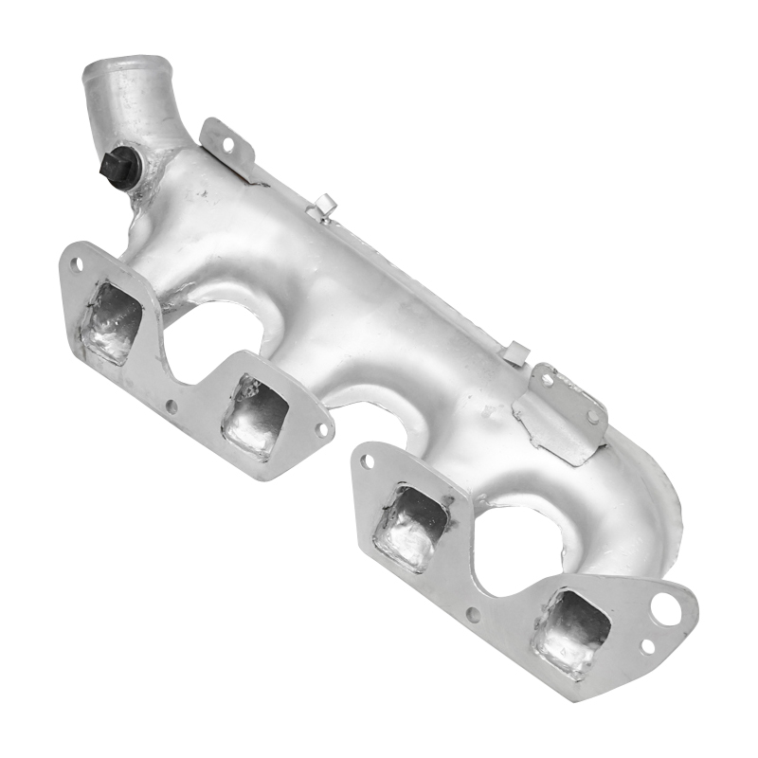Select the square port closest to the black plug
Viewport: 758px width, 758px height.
tap(111, 322)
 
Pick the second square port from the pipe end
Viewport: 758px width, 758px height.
tap(254, 417)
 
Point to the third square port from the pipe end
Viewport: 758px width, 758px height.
tap(408, 527)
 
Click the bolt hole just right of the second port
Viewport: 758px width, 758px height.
tap(320, 429)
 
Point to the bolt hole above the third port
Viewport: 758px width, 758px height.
tap(368, 461)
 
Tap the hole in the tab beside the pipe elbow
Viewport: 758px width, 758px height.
tap(226, 144)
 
